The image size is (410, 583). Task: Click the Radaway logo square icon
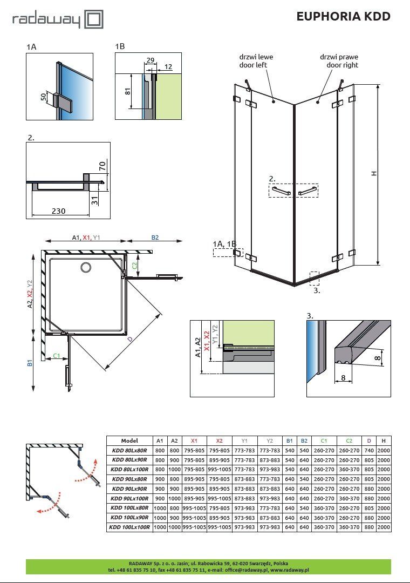[x=94, y=20]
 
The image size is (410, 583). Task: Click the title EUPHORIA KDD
[x=343, y=16]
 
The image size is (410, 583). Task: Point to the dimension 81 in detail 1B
[x=128, y=90]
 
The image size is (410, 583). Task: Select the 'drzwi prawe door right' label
[x=338, y=61]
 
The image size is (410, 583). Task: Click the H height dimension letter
[x=373, y=173]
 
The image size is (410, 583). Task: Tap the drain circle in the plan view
[x=86, y=267]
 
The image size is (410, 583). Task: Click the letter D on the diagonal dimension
[x=129, y=340]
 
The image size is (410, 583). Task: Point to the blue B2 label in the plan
[x=154, y=237]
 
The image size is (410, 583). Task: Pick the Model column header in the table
[x=129, y=441]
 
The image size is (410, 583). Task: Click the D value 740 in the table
[x=369, y=451]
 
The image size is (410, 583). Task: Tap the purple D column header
[x=369, y=441]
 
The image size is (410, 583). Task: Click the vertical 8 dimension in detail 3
[x=378, y=356]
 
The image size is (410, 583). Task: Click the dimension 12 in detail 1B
[x=168, y=66]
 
